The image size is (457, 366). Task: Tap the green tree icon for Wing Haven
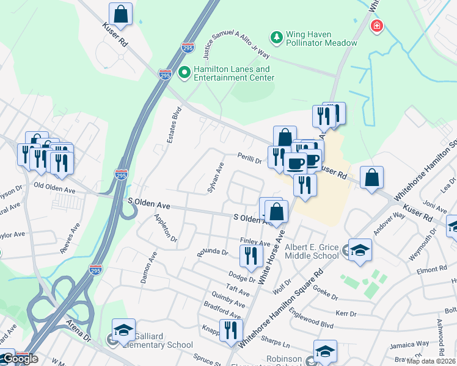[277, 38]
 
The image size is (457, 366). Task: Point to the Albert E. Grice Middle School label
[312, 251]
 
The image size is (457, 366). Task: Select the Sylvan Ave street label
[218, 178]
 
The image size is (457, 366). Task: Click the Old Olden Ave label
[54, 188]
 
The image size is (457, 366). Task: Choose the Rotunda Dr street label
[212, 251]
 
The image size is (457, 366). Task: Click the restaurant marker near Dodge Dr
[250, 256]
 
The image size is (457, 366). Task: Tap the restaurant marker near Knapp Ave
[231, 331]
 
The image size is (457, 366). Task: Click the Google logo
[20, 359]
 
